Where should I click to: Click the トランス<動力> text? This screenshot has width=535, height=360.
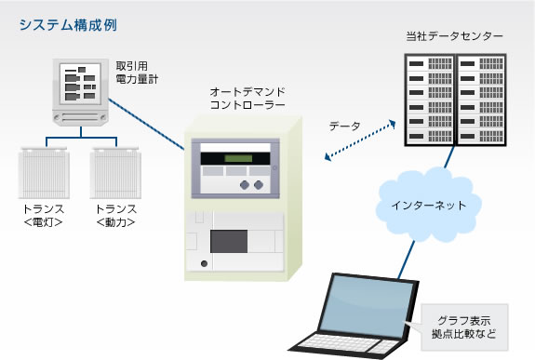pos(115,216)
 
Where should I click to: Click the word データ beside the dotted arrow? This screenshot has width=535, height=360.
pos(345,125)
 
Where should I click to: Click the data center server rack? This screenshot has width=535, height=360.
pos(455,100)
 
